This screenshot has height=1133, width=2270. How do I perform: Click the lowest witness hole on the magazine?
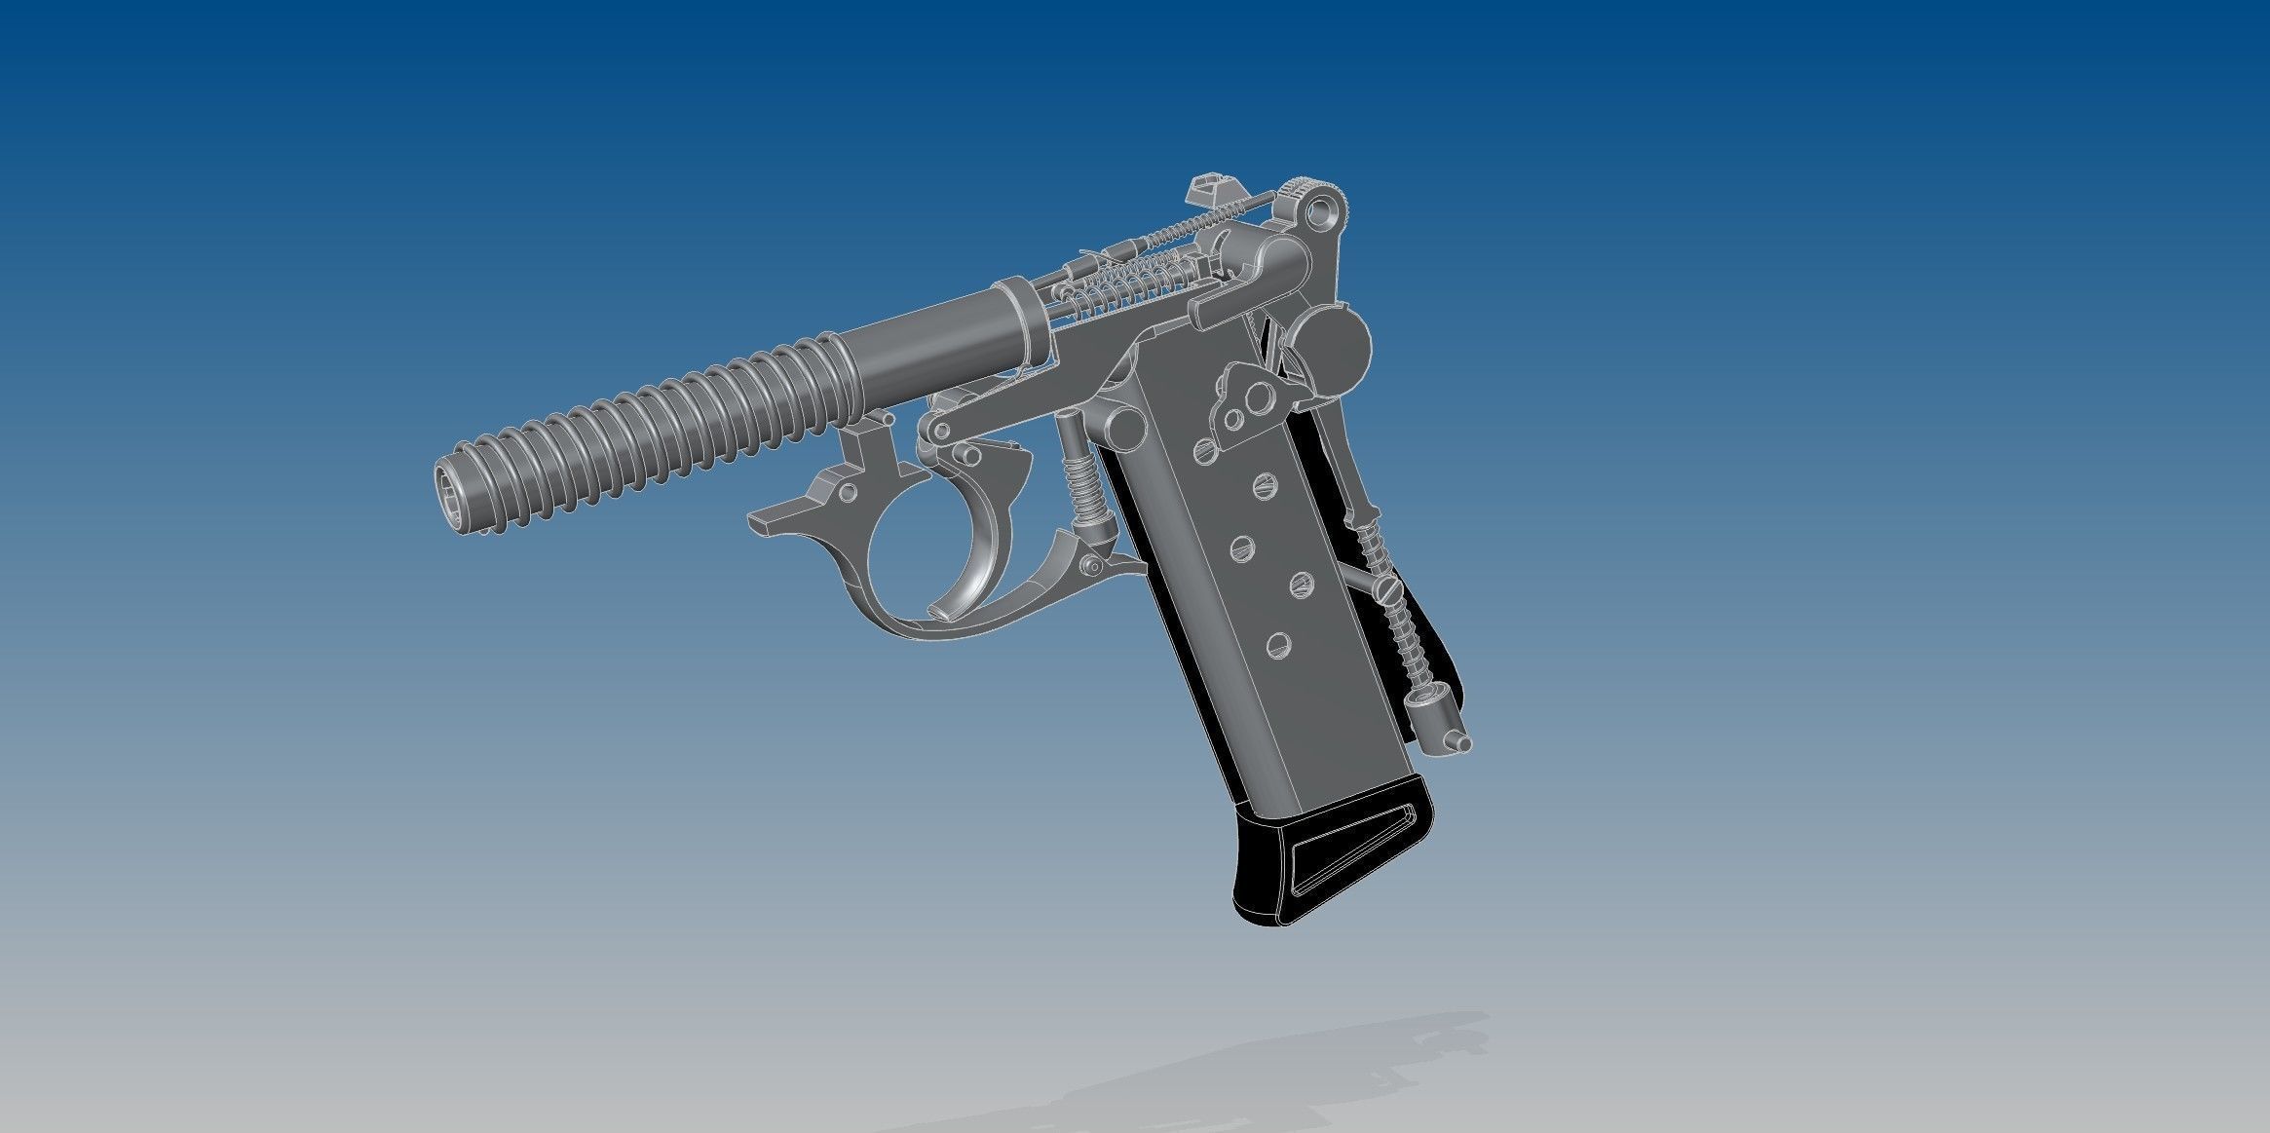(1277, 644)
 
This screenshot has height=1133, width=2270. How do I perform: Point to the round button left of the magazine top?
(1126, 425)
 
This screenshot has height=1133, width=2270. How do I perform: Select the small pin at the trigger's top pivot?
(969, 455)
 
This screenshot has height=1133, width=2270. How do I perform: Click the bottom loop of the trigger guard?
(935, 624)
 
